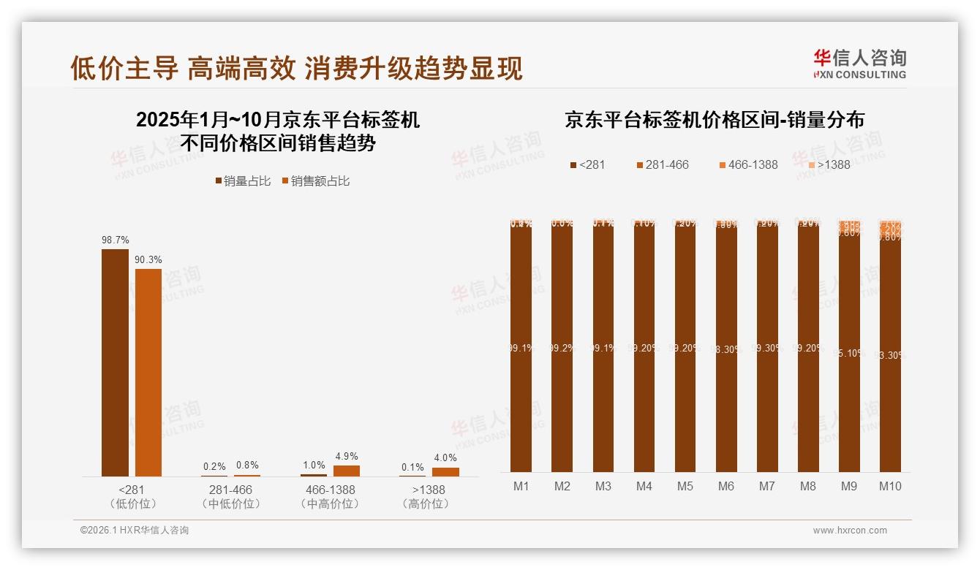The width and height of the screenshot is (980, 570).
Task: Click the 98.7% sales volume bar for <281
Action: [x=115, y=362]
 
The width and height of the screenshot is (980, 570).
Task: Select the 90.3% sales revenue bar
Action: [x=148, y=373]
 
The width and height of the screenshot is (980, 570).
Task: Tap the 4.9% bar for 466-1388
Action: [x=347, y=471]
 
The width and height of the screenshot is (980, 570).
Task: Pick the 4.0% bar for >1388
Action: [x=445, y=472]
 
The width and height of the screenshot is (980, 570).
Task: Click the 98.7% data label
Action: [x=115, y=240]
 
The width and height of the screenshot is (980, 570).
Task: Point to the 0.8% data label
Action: [x=247, y=465]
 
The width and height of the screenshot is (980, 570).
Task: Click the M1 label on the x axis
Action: [x=521, y=487]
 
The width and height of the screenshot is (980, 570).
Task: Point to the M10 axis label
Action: [x=890, y=487]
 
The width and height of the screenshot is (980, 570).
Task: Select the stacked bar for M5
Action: [x=685, y=346]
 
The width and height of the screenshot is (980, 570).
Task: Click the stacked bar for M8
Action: [x=808, y=346]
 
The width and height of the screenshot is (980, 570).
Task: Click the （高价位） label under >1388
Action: [x=429, y=504]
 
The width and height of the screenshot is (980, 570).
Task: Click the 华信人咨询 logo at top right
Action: [x=859, y=63]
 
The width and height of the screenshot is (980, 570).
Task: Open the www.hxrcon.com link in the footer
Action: [x=850, y=531]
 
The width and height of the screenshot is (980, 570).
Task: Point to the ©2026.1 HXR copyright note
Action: [x=135, y=531]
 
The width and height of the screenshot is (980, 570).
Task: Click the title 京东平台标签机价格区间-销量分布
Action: [x=714, y=121]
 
